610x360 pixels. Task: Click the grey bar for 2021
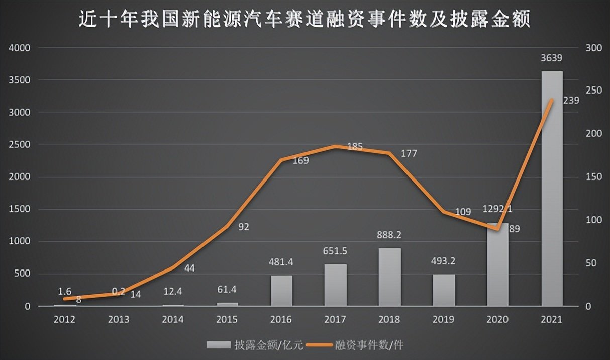coord(552,189)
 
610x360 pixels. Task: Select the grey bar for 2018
coord(389,277)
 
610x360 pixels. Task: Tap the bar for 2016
coord(281,290)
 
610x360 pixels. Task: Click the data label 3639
coord(552,58)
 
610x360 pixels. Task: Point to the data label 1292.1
coord(497,209)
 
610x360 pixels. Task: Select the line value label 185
coord(355,147)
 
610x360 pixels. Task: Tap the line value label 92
coord(243,227)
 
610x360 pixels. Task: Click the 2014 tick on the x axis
coord(173,320)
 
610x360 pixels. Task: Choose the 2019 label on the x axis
coord(444,320)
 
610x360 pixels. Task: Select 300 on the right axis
coord(593,48)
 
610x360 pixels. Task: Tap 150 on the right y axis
coord(593,177)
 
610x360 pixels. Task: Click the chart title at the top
coord(305,20)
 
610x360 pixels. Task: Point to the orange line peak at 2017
coord(335,146)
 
